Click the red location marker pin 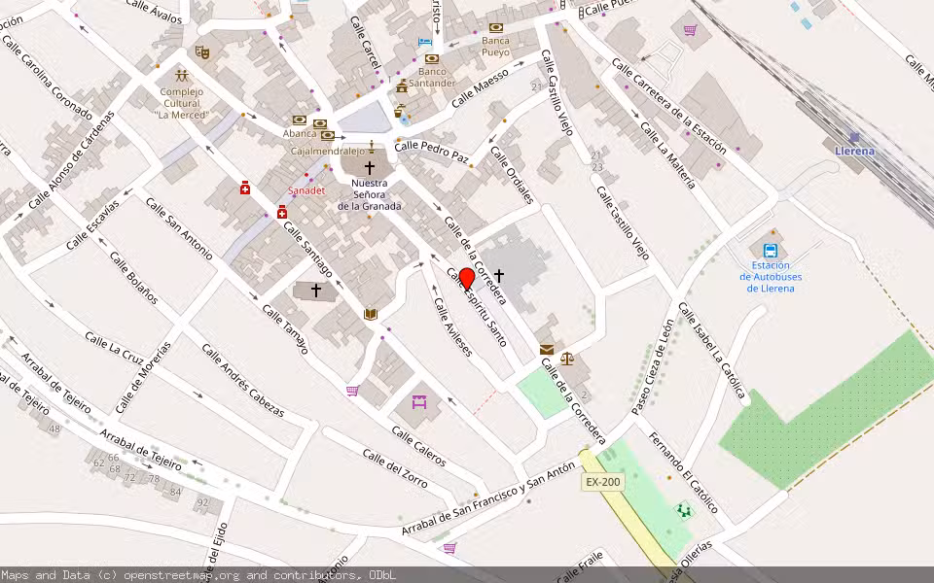[x=466, y=279]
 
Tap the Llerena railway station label [x=854, y=151]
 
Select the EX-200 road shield [x=602, y=482]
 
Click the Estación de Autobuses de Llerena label [x=771, y=276]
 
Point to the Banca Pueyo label [x=495, y=47]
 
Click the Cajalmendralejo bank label [x=328, y=151]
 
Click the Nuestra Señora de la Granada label [x=369, y=194]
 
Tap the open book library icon [x=370, y=313]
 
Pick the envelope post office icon [x=546, y=349]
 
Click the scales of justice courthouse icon [x=567, y=358]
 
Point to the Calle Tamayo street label [x=285, y=328]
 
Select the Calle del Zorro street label [x=395, y=467]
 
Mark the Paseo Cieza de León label [x=652, y=367]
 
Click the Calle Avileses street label [x=452, y=326]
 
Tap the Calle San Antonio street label [x=178, y=227]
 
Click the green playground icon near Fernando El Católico [x=684, y=509]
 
